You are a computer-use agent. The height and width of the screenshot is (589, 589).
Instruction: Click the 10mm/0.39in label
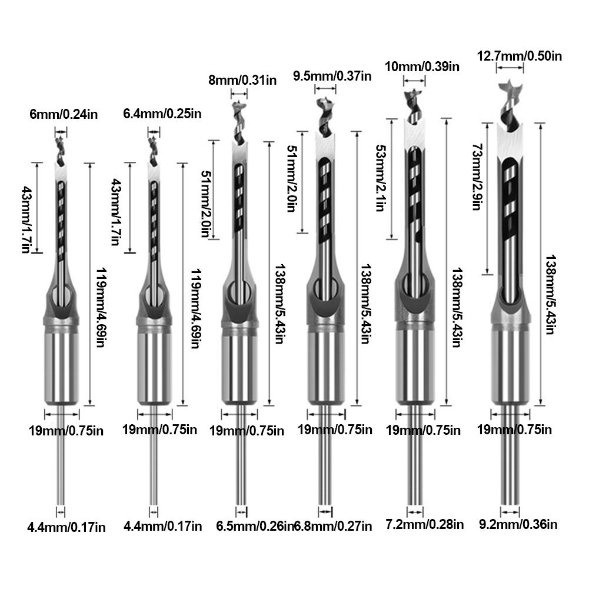click(421, 66)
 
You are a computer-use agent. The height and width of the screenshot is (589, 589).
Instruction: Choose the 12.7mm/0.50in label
click(520, 56)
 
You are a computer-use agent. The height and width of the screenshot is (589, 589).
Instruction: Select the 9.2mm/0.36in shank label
click(517, 524)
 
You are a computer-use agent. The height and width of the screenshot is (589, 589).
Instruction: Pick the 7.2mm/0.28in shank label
click(425, 524)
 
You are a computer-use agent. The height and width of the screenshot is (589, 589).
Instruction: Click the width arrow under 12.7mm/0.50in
click(510, 69)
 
